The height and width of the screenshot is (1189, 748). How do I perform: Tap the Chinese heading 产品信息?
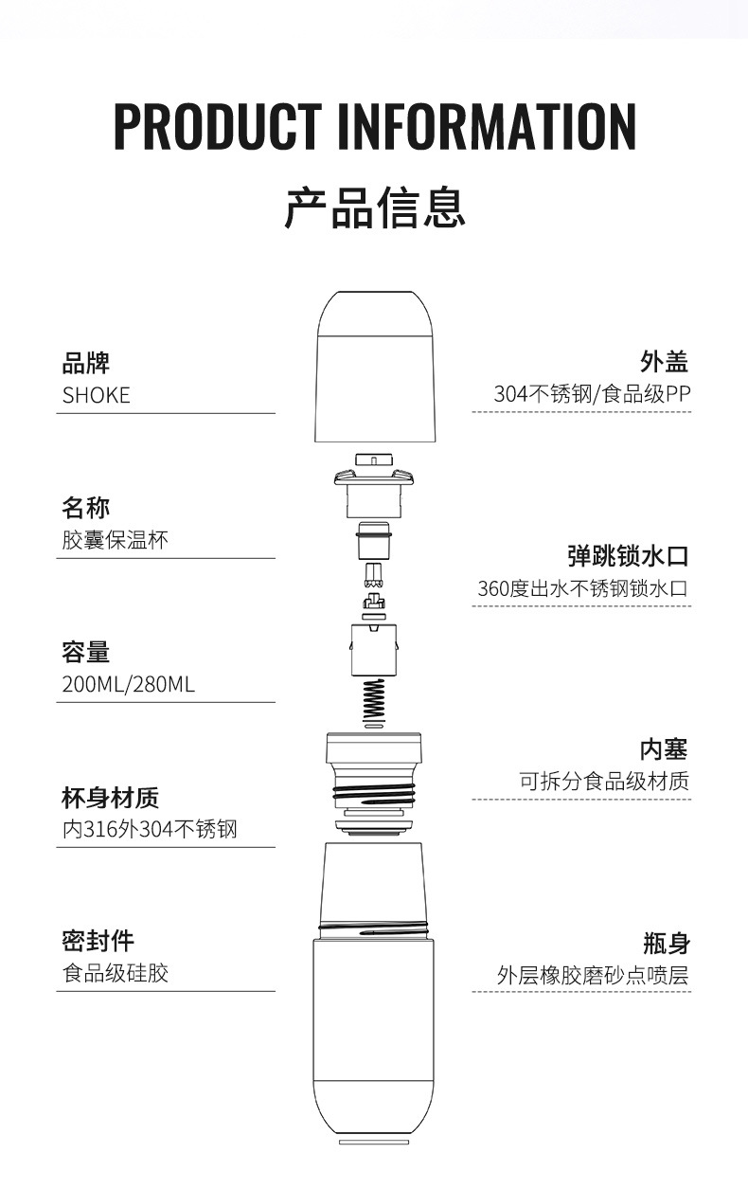[x=375, y=208]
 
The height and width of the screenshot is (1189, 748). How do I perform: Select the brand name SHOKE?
[x=97, y=395]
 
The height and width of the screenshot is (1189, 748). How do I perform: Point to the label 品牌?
[x=85, y=362]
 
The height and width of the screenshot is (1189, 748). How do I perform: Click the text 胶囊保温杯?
[x=115, y=541]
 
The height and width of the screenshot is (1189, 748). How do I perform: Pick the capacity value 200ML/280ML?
[x=129, y=684]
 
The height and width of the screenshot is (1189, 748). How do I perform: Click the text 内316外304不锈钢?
[x=150, y=830]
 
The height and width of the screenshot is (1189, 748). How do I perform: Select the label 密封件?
[x=98, y=941]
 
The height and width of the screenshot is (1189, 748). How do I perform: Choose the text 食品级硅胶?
[x=115, y=973]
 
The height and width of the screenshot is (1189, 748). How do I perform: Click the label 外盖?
[x=665, y=361]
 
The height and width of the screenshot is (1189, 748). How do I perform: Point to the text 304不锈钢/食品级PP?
[x=592, y=394]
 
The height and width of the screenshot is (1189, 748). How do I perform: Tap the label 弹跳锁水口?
[x=627, y=555]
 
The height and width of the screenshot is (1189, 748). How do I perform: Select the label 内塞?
[x=665, y=748]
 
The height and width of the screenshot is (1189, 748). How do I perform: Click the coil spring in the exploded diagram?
[x=375, y=701]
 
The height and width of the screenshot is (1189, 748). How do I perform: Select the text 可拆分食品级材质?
[x=603, y=782]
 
